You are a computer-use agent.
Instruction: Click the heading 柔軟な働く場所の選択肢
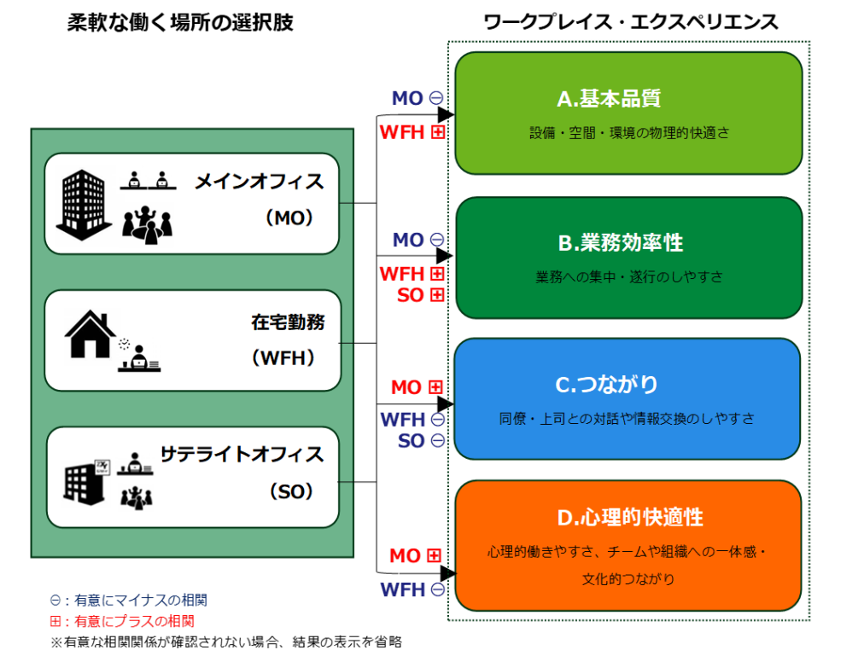coord(180,23)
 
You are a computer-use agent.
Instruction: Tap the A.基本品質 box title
coord(608,99)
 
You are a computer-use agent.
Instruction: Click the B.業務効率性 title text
coord(620,243)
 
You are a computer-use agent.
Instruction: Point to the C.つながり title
coord(607,386)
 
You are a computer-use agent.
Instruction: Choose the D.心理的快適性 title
coord(629,518)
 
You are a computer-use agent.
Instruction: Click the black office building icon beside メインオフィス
coord(85,201)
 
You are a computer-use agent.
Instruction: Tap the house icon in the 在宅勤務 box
coord(90,335)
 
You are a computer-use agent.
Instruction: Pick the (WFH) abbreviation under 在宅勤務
coord(284,358)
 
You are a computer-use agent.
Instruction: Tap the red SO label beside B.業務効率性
coord(411,295)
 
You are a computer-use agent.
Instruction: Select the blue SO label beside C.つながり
coord(411,441)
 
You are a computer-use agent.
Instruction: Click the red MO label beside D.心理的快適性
coord(405,556)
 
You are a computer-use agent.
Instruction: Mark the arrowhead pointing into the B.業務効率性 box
coord(445,255)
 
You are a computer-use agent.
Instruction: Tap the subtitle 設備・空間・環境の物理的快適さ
coord(628,133)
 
